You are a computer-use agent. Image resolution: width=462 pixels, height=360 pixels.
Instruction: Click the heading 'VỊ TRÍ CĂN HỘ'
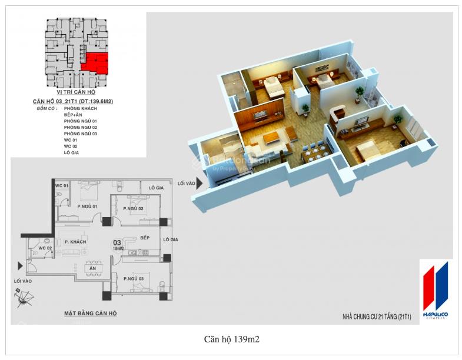(x=75, y=93)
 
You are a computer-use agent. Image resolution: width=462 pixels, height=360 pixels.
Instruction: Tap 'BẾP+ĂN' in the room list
(x=73, y=115)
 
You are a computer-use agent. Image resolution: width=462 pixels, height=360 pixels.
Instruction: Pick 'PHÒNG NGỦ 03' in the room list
(x=81, y=134)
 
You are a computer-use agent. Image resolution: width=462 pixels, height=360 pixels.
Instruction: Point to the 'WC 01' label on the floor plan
(x=62, y=186)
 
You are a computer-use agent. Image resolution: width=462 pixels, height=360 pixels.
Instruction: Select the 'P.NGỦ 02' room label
(x=134, y=209)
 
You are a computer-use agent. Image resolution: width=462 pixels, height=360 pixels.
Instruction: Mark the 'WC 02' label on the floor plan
(x=46, y=248)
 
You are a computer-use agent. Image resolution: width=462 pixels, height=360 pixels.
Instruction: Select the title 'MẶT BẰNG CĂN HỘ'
(x=90, y=314)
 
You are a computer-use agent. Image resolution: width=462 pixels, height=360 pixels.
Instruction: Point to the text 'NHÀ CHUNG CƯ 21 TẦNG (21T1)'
(x=376, y=317)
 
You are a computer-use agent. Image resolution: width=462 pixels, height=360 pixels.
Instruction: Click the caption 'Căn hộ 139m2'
(x=231, y=339)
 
